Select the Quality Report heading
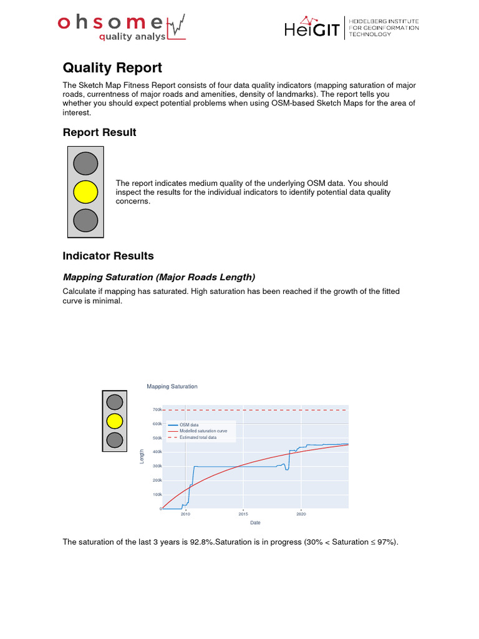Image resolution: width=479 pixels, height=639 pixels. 112,67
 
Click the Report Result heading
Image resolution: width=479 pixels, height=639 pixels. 99,132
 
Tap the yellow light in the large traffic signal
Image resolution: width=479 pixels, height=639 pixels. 85,192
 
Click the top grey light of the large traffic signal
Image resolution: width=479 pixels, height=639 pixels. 85,163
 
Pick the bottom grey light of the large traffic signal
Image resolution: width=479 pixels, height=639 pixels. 85,220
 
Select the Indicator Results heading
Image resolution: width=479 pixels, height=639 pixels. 108,256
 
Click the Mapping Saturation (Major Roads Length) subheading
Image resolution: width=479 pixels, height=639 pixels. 159,277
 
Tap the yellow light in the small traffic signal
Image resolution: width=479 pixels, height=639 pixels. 114,420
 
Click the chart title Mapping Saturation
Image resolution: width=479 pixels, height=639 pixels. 172,386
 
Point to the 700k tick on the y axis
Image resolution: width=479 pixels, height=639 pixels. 157,410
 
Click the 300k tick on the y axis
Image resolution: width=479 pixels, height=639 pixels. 157,466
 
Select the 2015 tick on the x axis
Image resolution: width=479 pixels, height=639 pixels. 243,515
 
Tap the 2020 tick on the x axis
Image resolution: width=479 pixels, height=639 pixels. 301,515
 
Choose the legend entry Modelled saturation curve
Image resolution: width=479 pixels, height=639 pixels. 203,431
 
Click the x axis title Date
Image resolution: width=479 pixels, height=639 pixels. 255,522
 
